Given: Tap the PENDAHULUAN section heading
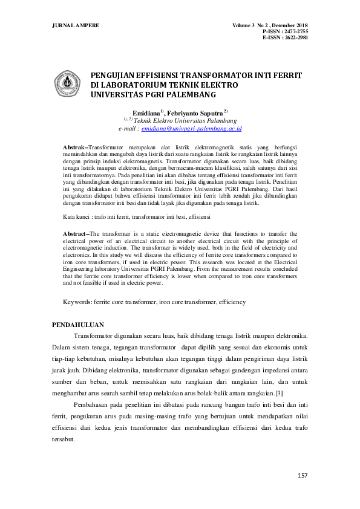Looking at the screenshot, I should click(79, 325).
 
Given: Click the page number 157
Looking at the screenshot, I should click(303, 476).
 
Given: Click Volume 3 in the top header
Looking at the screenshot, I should click(244, 25).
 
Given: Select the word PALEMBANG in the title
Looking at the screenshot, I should click(184, 95).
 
